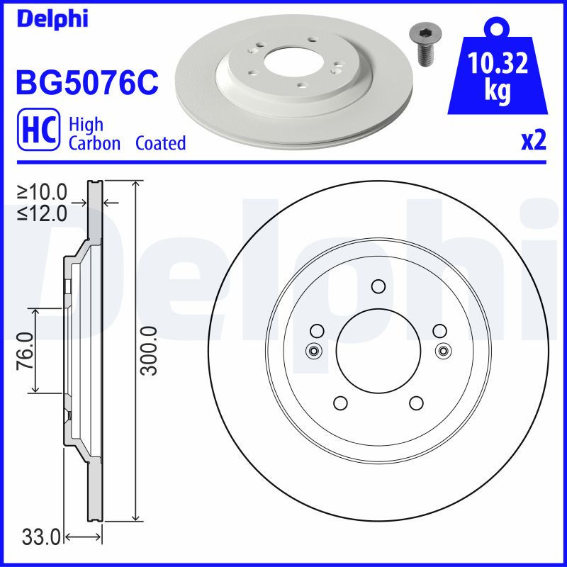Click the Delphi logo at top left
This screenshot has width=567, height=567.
[51, 18]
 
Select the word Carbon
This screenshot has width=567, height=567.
[95, 143]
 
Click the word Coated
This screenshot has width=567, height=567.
[161, 143]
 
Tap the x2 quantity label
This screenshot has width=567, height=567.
[534, 142]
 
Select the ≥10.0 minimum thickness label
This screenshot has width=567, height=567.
[43, 191]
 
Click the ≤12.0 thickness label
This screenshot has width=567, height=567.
[43, 212]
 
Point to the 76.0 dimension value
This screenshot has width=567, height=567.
[26, 350]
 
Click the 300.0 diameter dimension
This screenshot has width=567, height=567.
[148, 350]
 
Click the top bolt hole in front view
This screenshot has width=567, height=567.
[378, 286]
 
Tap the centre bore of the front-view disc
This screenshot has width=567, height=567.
[378, 350]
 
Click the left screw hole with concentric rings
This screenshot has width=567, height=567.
[313, 350]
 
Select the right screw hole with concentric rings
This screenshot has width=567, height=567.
[444, 350]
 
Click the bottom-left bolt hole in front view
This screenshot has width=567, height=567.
[339, 403]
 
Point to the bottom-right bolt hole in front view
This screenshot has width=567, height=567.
[416, 403]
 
